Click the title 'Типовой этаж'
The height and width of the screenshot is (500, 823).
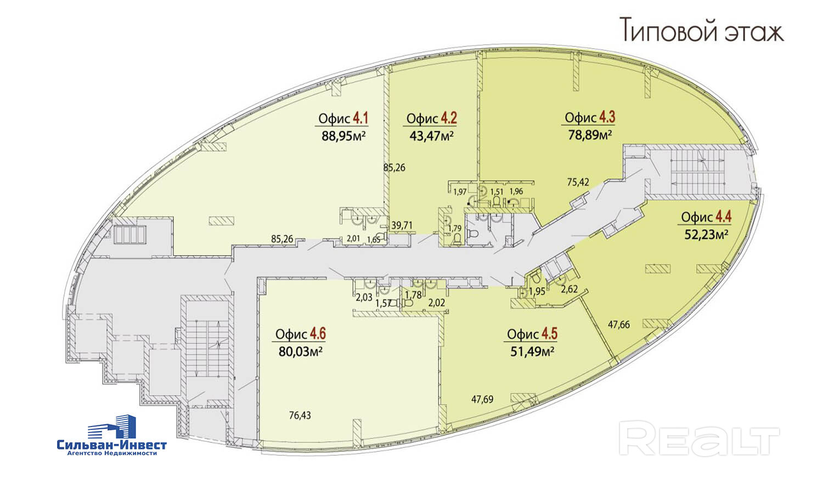(702, 30)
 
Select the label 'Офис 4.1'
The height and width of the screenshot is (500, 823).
(343, 118)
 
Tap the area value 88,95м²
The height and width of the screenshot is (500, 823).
(343, 136)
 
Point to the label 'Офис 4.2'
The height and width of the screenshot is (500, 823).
(432, 118)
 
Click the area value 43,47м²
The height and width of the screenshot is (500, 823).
(432, 135)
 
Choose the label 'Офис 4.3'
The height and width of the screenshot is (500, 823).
(590, 117)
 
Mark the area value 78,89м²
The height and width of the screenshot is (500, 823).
(590, 134)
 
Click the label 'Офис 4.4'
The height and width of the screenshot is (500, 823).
(706, 217)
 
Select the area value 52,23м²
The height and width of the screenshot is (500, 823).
(706, 235)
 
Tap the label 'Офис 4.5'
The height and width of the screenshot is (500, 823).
(532, 334)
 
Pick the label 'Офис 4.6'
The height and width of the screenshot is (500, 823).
(301, 334)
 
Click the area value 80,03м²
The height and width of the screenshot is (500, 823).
(300, 351)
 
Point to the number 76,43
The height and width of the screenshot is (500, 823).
(300, 416)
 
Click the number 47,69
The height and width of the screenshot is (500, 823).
(482, 400)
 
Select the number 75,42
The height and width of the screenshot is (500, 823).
(578, 182)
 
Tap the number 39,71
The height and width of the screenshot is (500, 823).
(402, 225)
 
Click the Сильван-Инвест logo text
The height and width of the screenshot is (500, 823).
(112, 445)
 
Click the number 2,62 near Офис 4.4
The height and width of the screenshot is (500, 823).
(569, 289)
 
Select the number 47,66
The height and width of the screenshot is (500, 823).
(618, 325)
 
